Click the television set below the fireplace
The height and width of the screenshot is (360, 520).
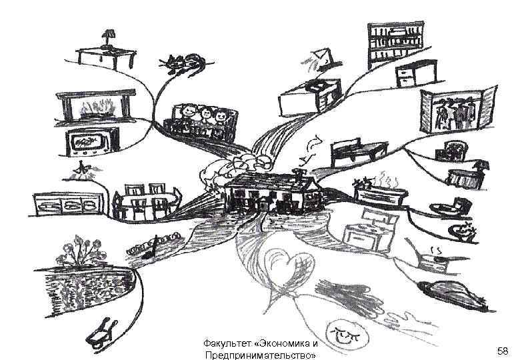point(92,141)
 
